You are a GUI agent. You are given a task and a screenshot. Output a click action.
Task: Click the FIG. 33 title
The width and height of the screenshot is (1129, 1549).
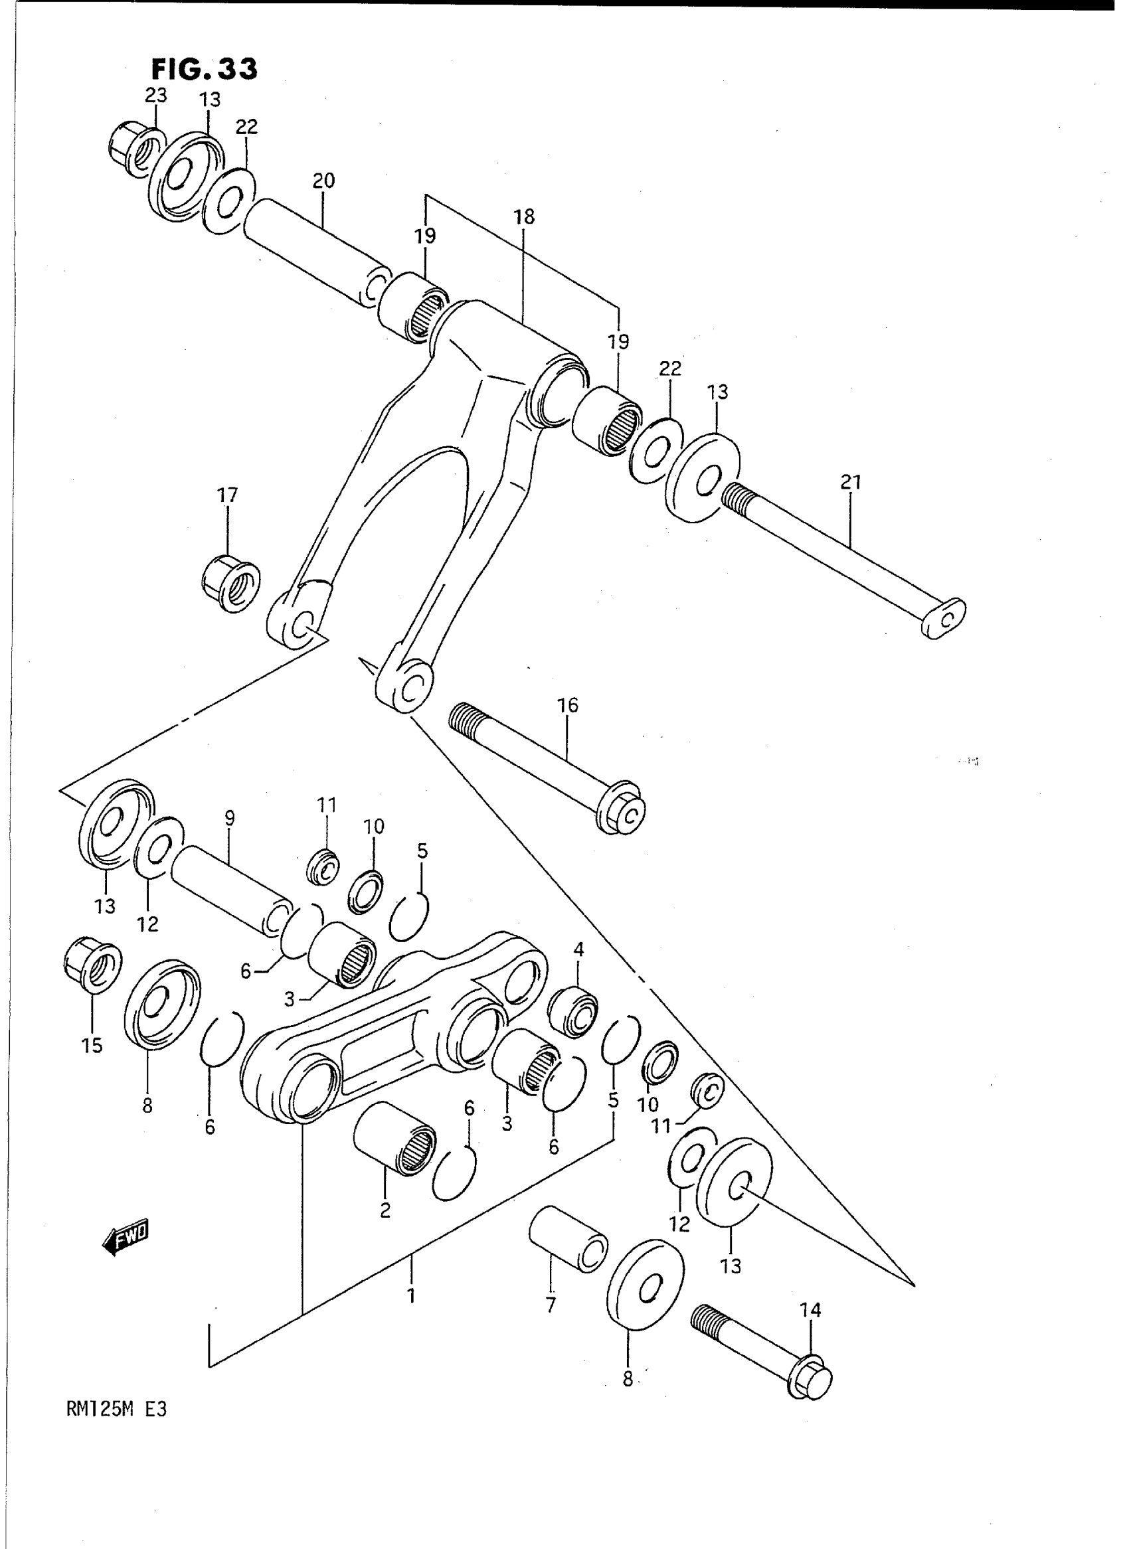[x=204, y=69]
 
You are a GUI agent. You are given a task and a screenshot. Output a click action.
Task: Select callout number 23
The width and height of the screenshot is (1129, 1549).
[x=156, y=95]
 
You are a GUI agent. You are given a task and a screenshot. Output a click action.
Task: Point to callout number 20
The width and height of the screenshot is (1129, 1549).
[x=323, y=181]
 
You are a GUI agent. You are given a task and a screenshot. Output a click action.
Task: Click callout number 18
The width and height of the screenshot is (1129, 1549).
[x=524, y=216]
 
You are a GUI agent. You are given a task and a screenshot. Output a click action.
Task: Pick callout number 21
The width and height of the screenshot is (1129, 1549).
[x=851, y=483]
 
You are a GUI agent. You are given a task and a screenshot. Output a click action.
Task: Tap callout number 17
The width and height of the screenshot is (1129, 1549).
[x=228, y=494]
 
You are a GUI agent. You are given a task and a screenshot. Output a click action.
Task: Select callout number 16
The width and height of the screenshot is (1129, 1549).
[x=568, y=705]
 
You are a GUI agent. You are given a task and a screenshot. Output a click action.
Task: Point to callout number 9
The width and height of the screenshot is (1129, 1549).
[x=230, y=817]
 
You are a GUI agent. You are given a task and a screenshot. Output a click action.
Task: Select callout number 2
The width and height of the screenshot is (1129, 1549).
[x=385, y=1211]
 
